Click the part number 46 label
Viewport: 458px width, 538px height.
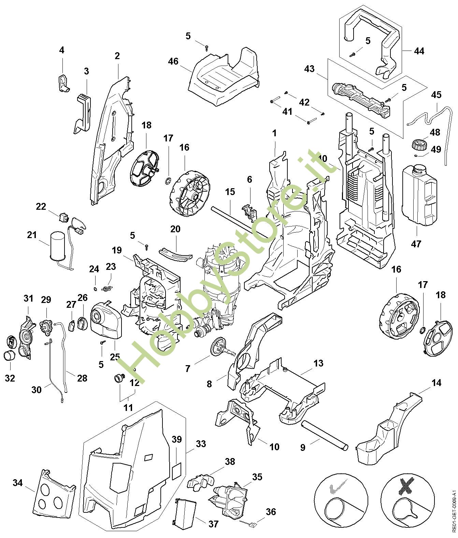pos(173,61)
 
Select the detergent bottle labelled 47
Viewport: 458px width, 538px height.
pos(419,195)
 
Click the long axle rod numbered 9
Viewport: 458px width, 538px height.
pos(324,434)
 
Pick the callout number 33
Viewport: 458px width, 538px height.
pos(201,444)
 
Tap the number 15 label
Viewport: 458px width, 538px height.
pos(230,192)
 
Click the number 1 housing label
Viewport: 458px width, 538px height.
pos(274,133)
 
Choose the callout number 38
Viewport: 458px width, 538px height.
pos(230,462)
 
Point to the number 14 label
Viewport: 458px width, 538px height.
pos(436,383)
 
